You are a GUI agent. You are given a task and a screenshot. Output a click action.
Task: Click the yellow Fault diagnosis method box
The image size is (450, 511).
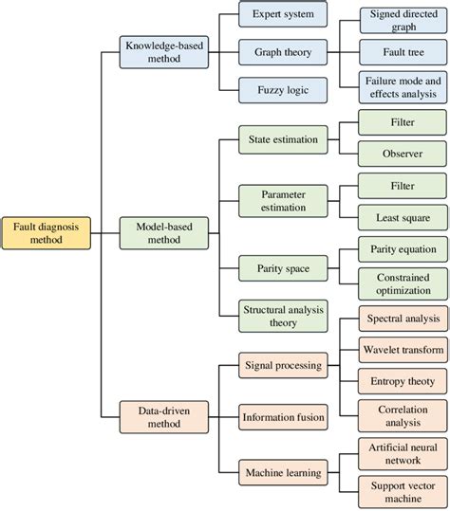47,233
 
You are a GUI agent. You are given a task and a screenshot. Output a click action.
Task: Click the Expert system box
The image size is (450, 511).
282,15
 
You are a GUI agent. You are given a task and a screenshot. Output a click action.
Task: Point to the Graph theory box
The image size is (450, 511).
282,51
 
